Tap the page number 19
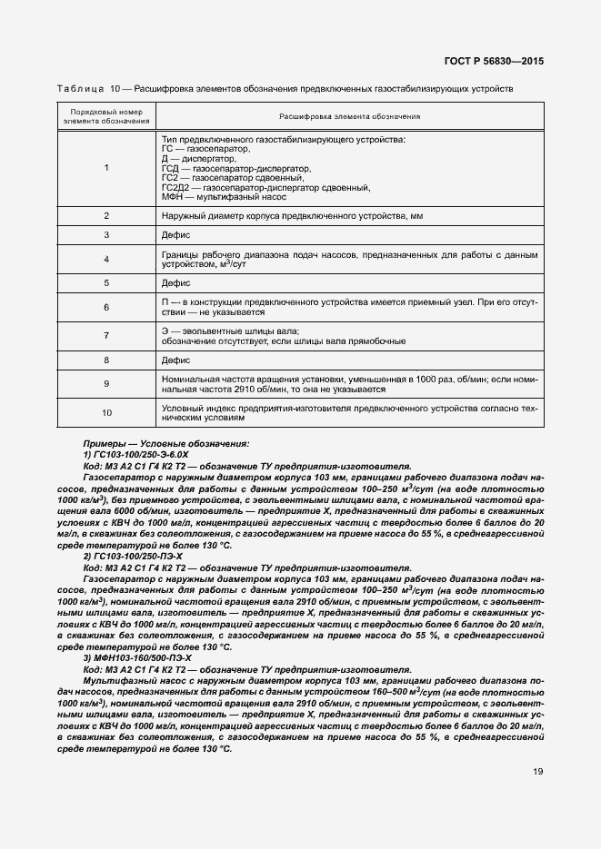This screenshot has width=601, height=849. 538,772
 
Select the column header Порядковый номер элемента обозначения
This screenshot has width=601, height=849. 106,116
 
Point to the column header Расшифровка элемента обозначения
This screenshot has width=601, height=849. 350,116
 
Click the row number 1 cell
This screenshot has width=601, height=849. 106,168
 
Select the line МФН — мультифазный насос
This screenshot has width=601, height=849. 223,196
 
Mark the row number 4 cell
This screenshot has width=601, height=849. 106,259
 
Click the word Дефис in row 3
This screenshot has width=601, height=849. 175,234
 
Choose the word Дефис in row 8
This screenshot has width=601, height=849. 175,360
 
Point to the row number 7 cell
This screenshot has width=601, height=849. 106,336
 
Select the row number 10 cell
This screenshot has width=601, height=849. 106,413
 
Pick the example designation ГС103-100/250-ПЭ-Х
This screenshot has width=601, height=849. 136,554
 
